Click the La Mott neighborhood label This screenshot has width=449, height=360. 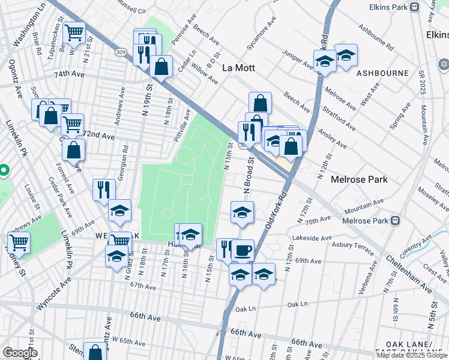[x=238, y=68]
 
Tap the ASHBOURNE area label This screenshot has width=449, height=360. [x=382, y=73]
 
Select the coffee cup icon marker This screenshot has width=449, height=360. [x=243, y=250]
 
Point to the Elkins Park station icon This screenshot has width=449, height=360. [x=414, y=7]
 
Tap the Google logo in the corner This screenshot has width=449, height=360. [x=20, y=353]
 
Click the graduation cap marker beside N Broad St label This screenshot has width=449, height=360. [x=242, y=212]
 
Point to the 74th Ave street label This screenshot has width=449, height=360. [x=69, y=75]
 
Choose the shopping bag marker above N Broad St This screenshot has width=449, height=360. [x=260, y=102]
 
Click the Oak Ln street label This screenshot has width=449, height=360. [x=246, y=310]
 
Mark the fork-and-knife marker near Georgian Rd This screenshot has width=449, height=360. [x=104, y=189]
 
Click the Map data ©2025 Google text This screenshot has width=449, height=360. [x=412, y=355]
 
